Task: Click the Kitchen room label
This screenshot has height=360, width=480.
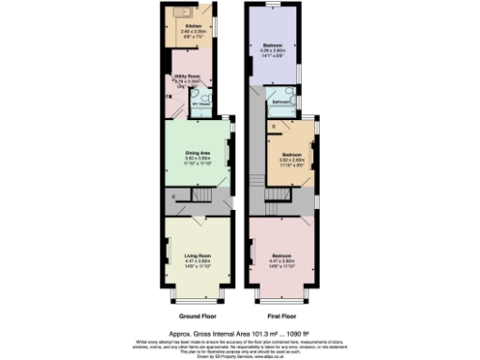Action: point(192,25)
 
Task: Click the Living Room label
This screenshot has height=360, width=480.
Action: point(196,255)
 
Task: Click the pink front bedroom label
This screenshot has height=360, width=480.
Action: point(283,255)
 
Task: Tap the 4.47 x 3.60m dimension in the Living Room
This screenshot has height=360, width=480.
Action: point(196,261)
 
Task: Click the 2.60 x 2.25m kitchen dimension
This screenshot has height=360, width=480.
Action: point(192,31)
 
